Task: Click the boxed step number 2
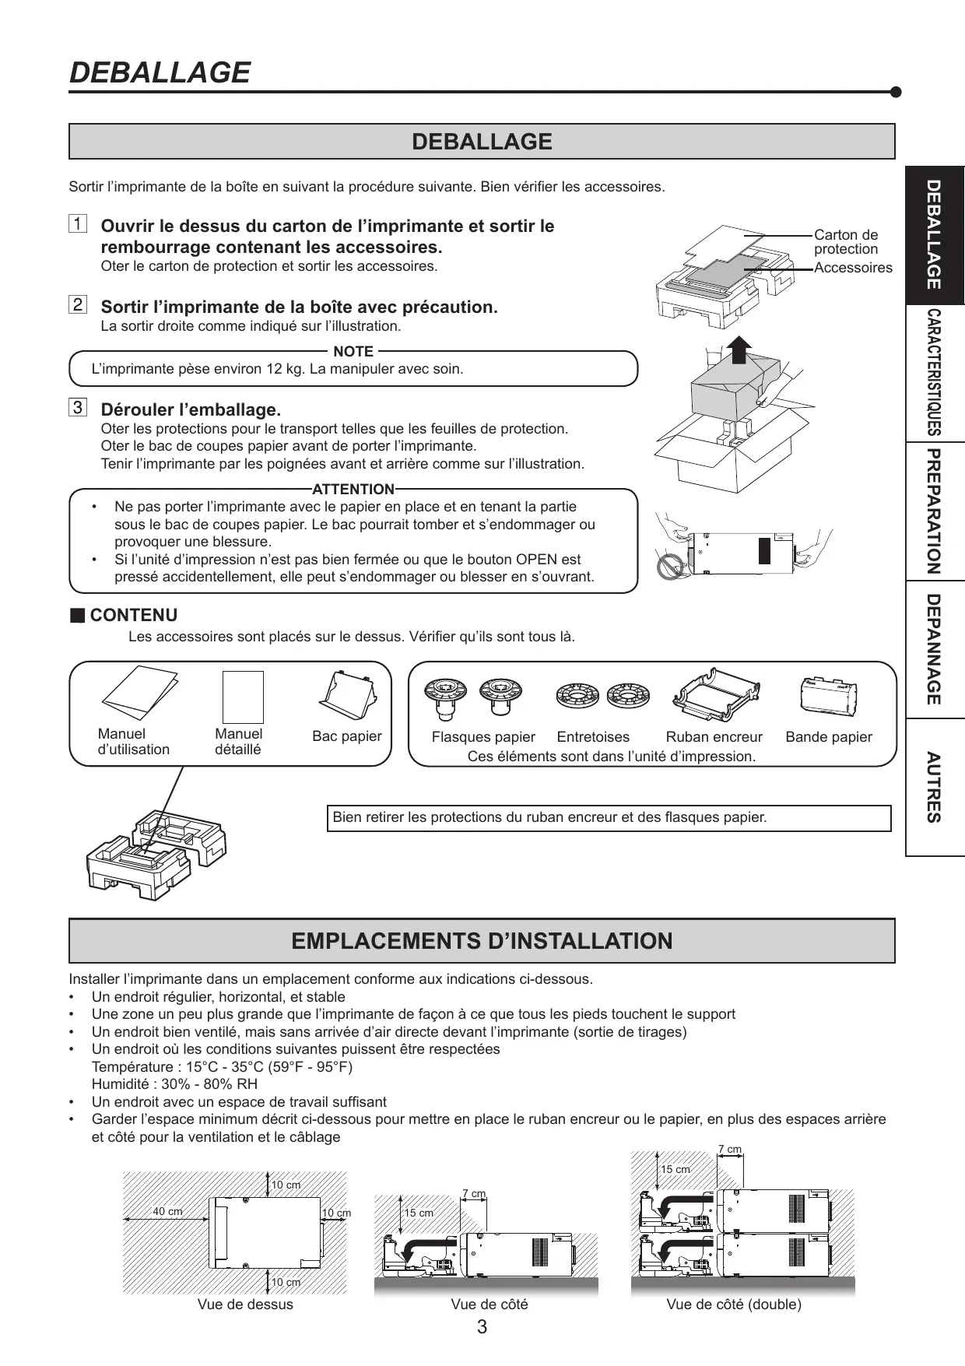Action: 78,304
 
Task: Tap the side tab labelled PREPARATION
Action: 935,511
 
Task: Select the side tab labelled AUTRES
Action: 935,787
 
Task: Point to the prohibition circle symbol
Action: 669,567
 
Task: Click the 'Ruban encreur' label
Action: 714,737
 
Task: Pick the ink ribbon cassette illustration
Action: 714,695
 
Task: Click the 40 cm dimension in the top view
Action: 167,1212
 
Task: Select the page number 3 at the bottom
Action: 482,1327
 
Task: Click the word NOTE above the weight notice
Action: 353,352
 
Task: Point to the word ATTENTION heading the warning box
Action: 353,490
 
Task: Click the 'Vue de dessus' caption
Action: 245,1305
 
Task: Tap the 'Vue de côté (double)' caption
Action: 734,1305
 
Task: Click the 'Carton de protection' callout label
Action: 846,241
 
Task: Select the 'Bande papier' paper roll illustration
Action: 828,695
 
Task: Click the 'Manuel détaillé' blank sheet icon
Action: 243,697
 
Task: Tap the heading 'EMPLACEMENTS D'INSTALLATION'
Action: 482,941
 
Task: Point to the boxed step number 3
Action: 78,407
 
